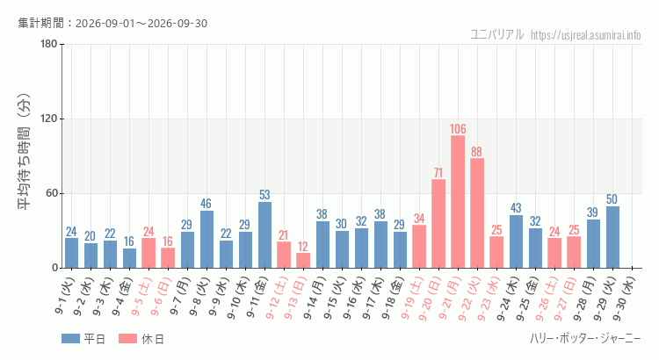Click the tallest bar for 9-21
coord(458,202)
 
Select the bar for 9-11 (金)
coord(264,234)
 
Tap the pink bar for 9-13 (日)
coord(303,261)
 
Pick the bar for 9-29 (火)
coord(612,237)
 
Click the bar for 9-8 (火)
coord(206,240)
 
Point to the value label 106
coord(458,129)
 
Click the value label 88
coord(476,152)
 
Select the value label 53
coord(264,195)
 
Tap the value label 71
coord(438,173)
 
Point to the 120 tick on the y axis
coord(48,119)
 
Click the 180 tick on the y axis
coord(48,44)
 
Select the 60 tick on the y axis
coord(52,194)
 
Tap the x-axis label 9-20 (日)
coord(430,298)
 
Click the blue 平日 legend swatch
coord(70,339)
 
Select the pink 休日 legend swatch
coord(127,339)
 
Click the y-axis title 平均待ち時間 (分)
coord(25,152)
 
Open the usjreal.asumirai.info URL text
coord(585,35)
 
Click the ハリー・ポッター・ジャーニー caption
coord(585,338)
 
